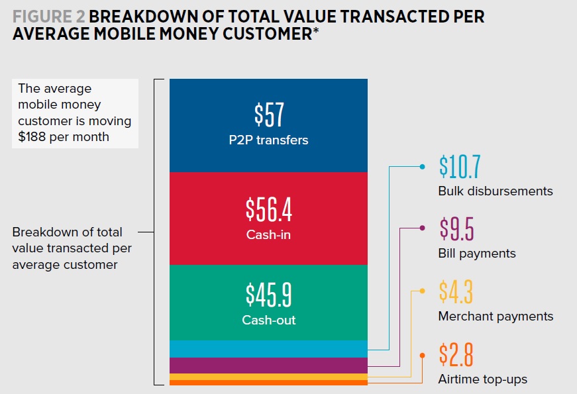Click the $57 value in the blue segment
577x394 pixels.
268,115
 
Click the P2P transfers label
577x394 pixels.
268,140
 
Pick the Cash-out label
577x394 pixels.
268,320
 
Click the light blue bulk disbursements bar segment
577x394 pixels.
268,349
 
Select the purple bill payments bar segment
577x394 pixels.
268,366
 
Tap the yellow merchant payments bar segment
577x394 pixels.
268,377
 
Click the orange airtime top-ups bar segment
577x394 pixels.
268,383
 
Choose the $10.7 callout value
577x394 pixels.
459,168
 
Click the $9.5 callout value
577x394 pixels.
456,228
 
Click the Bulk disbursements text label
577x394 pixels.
495,191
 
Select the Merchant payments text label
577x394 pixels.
496,317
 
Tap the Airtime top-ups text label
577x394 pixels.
482,379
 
